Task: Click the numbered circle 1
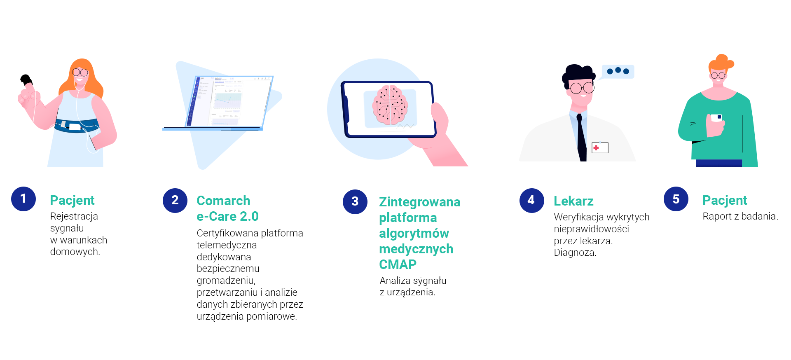tap(23, 199)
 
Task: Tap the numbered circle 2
tap(175, 201)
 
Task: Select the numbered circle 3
tap(355, 202)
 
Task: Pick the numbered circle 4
tap(532, 201)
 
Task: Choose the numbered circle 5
tap(676, 199)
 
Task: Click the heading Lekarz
tap(573, 201)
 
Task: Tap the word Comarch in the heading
tap(223, 201)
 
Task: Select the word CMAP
tap(398, 264)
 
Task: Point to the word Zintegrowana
tap(420, 202)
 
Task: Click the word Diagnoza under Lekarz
tap(575, 252)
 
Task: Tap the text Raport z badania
tap(740, 216)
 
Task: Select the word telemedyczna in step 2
tap(227, 245)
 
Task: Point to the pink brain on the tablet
tap(390, 105)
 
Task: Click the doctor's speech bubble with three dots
tap(618, 72)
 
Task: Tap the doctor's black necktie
tap(581, 138)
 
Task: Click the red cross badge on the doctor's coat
tap(600, 147)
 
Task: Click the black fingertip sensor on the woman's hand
tap(26, 79)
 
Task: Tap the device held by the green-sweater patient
tap(716, 118)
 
